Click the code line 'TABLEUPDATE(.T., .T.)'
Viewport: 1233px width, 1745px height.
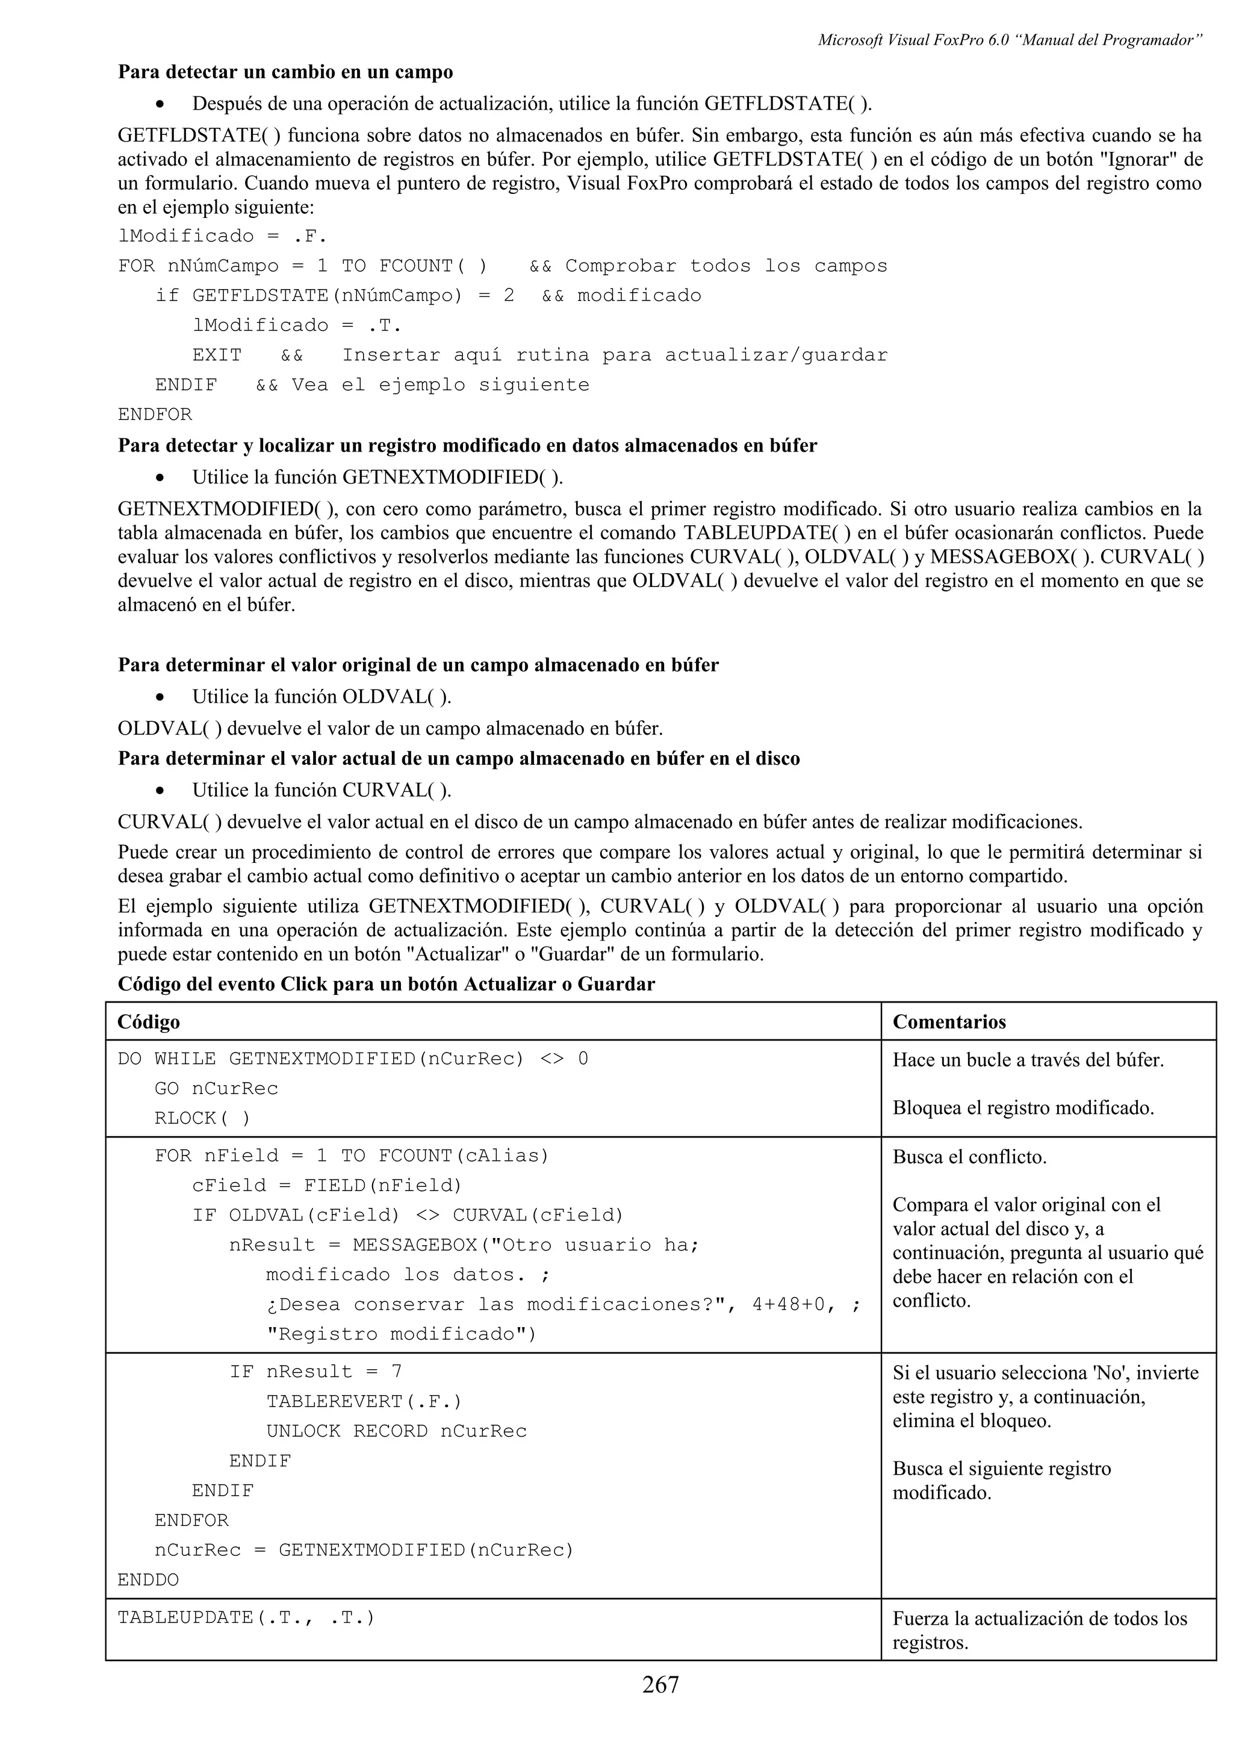click(246, 1617)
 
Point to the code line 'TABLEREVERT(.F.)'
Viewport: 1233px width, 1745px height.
click(364, 1401)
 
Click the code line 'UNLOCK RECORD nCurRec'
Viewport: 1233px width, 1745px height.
click(396, 1431)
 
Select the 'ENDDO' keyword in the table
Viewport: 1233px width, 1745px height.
click(148, 1579)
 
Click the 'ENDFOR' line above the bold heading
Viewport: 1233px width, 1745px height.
click(155, 414)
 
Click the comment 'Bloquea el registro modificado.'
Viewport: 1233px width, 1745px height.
click(1022, 1107)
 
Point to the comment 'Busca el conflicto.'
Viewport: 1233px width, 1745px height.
click(969, 1157)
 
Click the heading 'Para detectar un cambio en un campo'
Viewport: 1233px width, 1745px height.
click(285, 72)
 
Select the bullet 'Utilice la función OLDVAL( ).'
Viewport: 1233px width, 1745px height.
click(321, 696)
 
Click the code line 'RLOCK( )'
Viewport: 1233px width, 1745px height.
click(202, 1118)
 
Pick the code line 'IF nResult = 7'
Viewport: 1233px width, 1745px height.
click(315, 1371)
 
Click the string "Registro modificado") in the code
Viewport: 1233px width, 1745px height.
click(401, 1334)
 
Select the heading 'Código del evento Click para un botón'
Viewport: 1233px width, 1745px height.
click(386, 984)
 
